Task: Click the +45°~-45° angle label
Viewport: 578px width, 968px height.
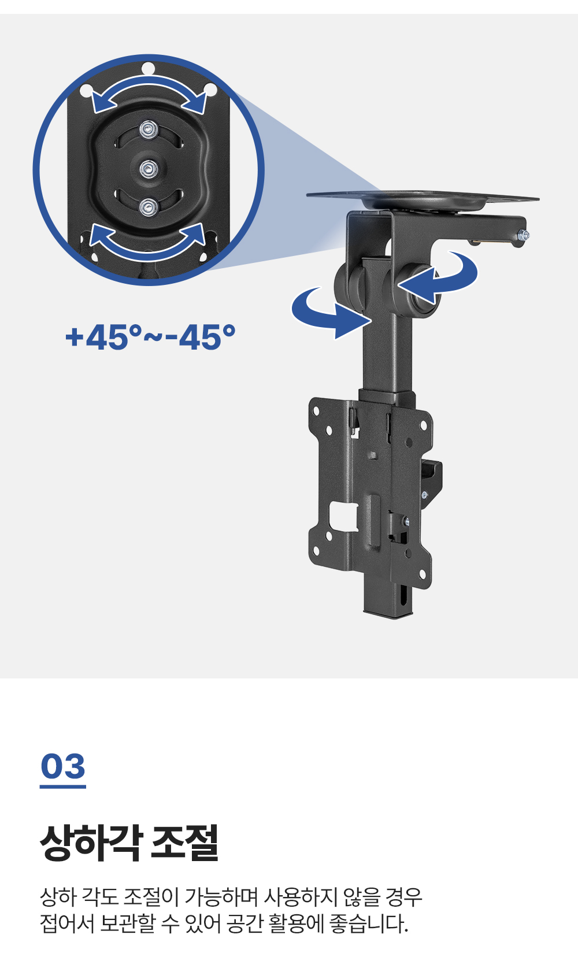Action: [150, 337]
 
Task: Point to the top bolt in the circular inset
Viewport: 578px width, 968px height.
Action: [149, 129]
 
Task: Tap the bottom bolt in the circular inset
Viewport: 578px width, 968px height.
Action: [149, 207]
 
